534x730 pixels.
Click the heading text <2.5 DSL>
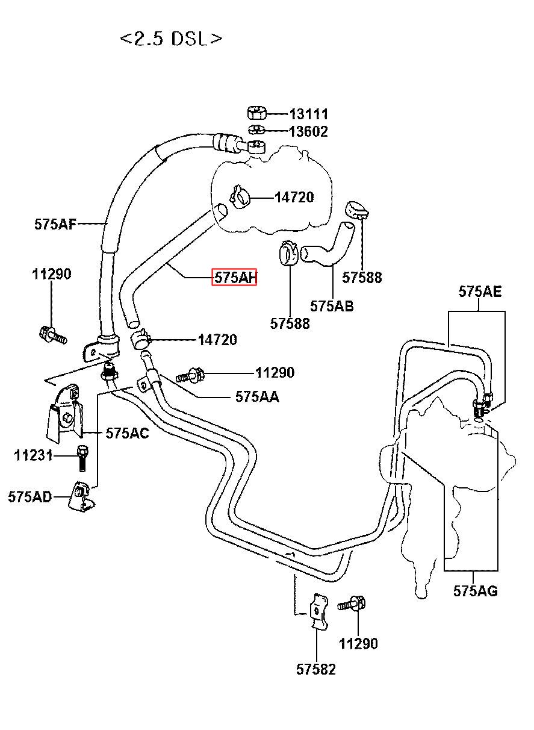click(x=171, y=39)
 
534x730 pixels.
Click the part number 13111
click(x=309, y=114)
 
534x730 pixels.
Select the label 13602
click(x=308, y=132)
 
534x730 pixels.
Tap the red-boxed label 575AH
click(x=234, y=277)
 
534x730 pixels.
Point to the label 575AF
click(x=55, y=224)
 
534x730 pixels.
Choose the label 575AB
click(x=332, y=306)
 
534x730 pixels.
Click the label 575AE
click(x=480, y=292)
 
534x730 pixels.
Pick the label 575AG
click(x=476, y=591)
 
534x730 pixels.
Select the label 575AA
click(x=257, y=397)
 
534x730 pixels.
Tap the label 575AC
click(x=128, y=433)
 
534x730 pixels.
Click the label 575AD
click(x=30, y=497)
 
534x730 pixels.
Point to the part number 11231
click(x=33, y=455)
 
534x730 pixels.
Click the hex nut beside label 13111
click(x=257, y=113)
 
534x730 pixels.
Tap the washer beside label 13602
click(x=257, y=129)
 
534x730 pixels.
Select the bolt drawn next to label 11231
click(x=82, y=459)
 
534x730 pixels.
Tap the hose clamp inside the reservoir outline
click(x=240, y=196)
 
